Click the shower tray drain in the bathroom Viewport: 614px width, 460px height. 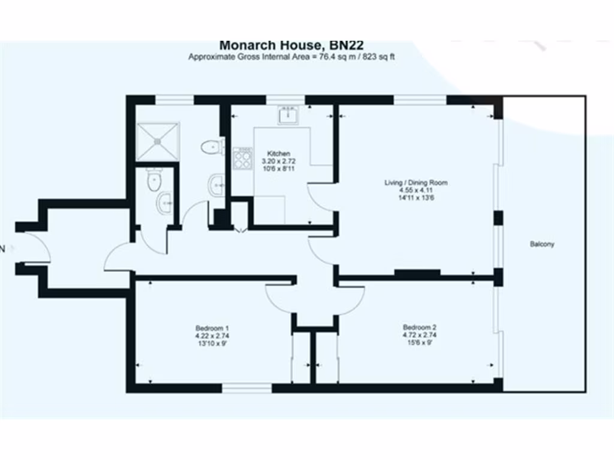158,141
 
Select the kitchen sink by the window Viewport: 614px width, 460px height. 288,113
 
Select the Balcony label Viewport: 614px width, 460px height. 542,244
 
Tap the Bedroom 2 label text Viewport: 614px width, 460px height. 419,328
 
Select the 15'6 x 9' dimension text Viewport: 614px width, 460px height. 419,343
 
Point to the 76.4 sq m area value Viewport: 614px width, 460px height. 331,57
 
